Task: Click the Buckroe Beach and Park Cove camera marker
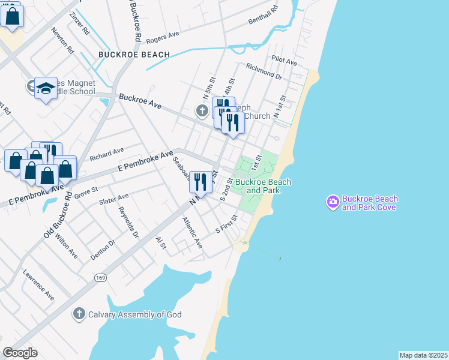(333, 203)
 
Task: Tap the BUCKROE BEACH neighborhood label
(133, 55)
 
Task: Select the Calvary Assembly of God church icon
(79, 314)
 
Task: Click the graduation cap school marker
(45, 89)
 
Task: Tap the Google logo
(20, 353)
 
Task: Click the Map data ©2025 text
(423, 355)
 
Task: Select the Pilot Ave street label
(284, 61)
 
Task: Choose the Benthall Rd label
(264, 17)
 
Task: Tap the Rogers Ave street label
(162, 37)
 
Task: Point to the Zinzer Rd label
(79, 22)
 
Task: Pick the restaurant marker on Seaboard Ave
(200, 182)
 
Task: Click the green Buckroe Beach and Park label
(263, 186)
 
